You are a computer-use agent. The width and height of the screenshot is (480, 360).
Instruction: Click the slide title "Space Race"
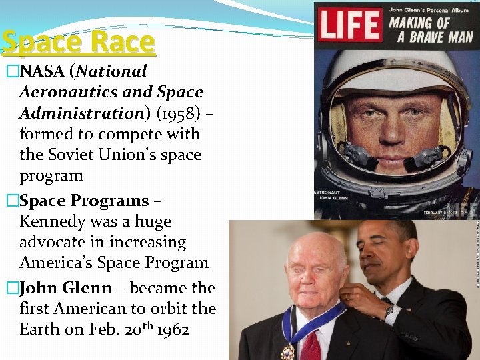78,42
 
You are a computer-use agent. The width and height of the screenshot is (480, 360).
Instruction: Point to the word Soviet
76,155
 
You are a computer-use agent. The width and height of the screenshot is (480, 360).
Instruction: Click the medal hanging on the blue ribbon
288,351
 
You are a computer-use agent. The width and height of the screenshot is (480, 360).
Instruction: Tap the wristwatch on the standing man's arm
388,311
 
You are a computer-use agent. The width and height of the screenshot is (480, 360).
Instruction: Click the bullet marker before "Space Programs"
10,201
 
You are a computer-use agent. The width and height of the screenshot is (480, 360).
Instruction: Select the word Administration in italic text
79,113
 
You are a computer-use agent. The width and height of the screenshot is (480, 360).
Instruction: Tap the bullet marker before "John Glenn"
10,288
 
